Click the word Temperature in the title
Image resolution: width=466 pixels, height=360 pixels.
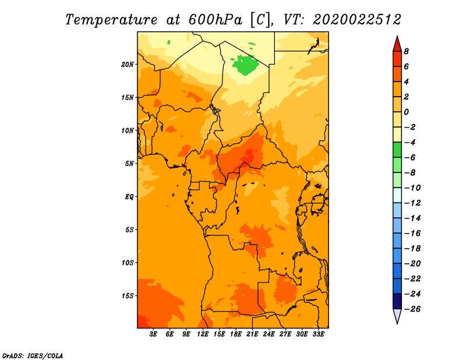pyautogui.click(x=111, y=20)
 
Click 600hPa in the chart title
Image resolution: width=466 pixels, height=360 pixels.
pyautogui.click(x=215, y=20)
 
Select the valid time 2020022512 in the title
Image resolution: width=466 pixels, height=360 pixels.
pyautogui.click(x=356, y=20)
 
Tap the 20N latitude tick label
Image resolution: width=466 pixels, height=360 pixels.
pyautogui.click(x=128, y=65)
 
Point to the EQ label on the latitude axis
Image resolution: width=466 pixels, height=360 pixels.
pyautogui.click(x=129, y=197)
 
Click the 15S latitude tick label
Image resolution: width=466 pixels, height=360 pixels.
pyautogui.click(x=128, y=296)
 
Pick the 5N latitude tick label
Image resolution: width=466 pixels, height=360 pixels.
pyautogui.click(x=129, y=164)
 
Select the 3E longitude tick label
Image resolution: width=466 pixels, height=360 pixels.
pyautogui.click(x=153, y=334)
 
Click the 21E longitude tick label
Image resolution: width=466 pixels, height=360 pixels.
pyautogui.click(x=252, y=334)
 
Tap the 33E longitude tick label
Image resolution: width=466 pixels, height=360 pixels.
pyautogui.click(x=318, y=334)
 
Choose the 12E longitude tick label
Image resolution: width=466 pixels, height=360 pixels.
pyautogui.click(x=203, y=334)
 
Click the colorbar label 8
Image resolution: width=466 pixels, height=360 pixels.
pyautogui.click(x=406, y=51)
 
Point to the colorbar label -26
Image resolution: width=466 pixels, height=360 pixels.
pyautogui.click(x=412, y=309)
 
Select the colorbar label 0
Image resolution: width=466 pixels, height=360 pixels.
pyautogui.click(x=406, y=112)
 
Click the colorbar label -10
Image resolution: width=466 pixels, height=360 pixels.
pyautogui.click(x=412, y=188)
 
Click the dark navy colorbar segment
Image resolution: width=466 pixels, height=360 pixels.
pyautogui.click(x=397, y=301)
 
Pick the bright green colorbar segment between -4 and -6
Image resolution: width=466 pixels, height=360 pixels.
pyautogui.click(x=397, y=150)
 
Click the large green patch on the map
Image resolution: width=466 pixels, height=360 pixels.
pyautogui.click(x=245, y=65)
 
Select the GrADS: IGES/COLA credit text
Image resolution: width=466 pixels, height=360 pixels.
pyautogui.click(x=33, y=356)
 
